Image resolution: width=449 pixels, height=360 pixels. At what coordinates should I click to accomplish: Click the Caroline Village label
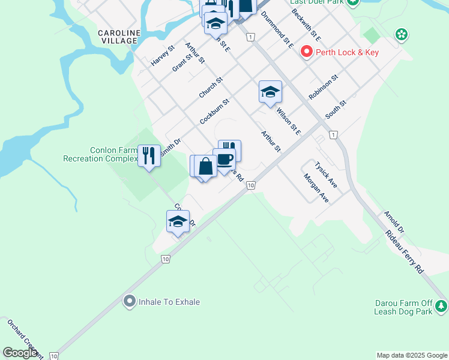click(120, 37)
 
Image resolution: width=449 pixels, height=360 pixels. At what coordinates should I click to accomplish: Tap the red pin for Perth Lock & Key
click(307, 52)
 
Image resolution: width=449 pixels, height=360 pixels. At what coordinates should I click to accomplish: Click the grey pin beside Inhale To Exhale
click(129, 302)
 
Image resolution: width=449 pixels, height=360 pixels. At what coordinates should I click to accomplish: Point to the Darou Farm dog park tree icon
click(441, 307)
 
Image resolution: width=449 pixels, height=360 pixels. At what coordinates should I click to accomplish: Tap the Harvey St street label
click(163, 55)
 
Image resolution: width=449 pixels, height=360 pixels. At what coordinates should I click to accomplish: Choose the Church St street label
click(211, 88)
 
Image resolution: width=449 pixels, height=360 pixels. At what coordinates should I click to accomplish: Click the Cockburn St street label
click(214, 112)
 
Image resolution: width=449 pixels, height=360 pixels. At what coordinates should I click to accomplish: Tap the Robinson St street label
click(324, 87)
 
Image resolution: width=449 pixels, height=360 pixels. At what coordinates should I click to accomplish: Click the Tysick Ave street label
click(327, 175)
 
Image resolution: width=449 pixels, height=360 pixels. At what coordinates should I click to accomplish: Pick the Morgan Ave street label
click(316, 188)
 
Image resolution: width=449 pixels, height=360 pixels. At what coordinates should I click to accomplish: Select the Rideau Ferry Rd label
click(405, 251)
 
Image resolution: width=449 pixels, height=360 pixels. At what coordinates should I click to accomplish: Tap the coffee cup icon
click(224, 160)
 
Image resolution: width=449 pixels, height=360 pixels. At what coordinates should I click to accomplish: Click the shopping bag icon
click(205, 166)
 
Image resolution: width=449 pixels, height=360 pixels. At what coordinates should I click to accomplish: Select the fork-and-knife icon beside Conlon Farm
click(148, 156)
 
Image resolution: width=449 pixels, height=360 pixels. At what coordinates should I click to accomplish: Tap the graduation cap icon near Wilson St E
click(270, 92)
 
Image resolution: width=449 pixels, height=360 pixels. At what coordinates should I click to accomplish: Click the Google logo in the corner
click(19, 353)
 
